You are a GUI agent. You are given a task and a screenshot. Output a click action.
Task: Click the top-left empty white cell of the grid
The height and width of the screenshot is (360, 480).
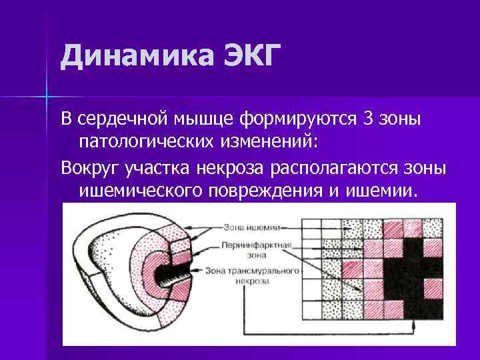click(x=312, y=227)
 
